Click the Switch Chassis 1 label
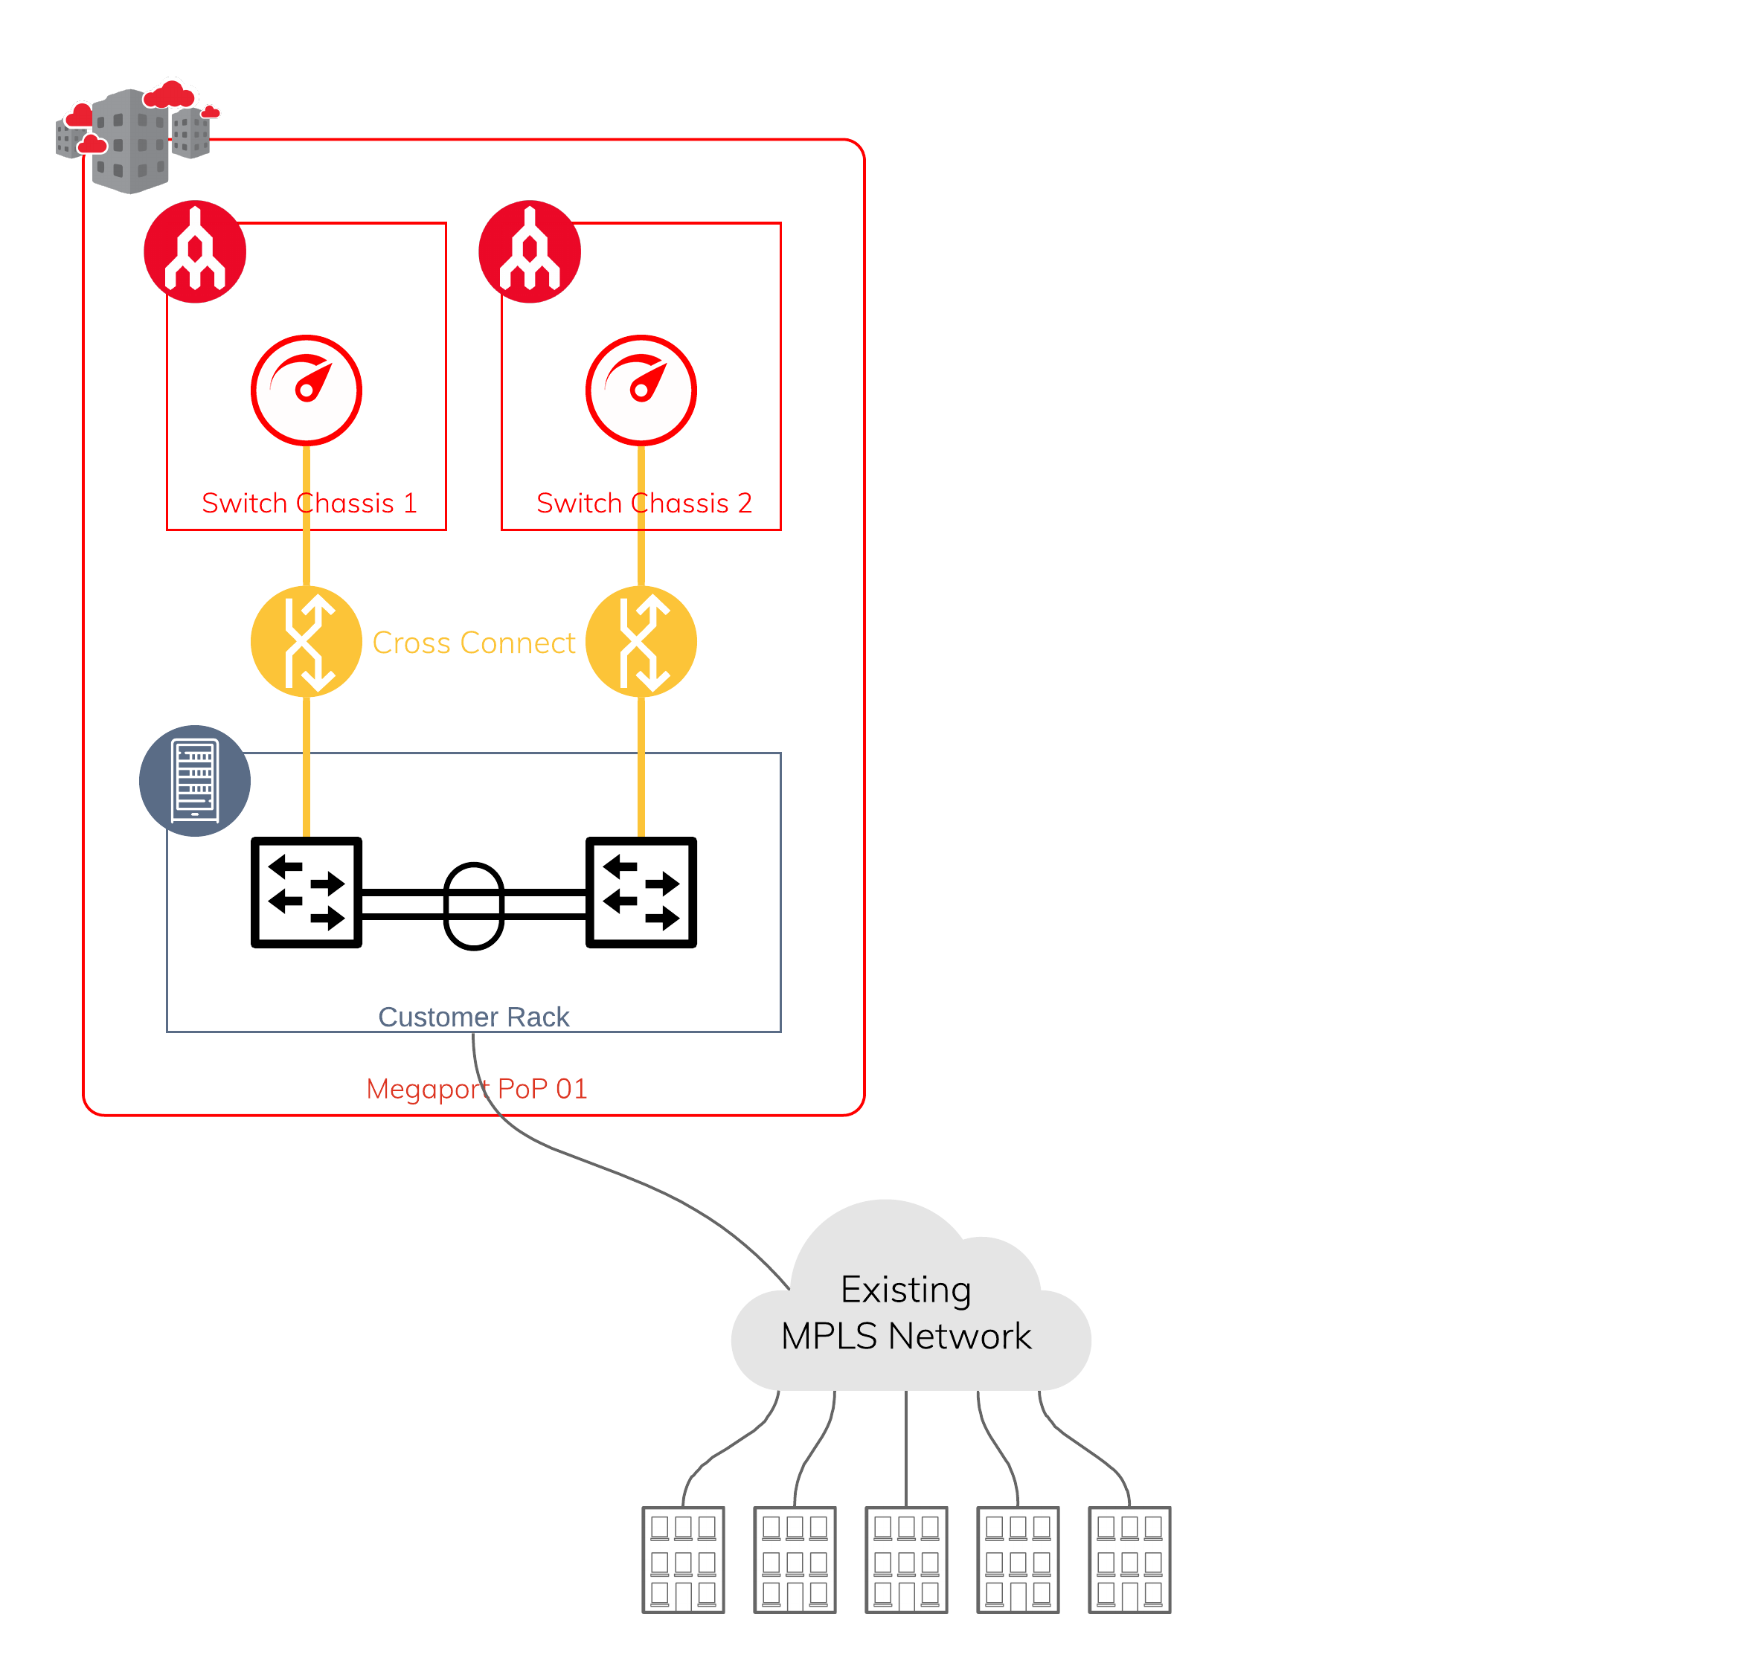click(309, 504)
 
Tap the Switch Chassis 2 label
click(644, 504)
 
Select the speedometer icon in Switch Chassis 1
click(306, 390)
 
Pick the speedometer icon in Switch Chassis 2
click(641, 390)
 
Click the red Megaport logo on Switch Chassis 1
click(195, 252)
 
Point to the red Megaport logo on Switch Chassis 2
click(530, 252)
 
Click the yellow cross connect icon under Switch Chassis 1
click(306, 641)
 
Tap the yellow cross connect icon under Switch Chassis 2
click(641, 641)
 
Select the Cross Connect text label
click(473, 643)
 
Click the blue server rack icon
click(195, 781)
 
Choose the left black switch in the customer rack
click(306, 893)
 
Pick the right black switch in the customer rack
click(641, 893)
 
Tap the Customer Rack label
click(473, 1017)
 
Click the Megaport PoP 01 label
click(477, 1089)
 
